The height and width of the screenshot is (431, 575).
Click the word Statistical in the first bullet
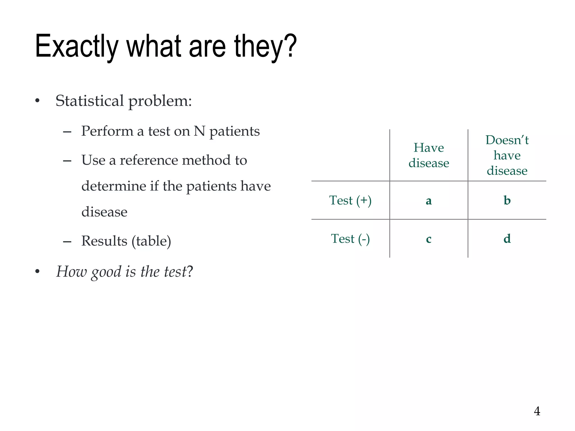point(90,101)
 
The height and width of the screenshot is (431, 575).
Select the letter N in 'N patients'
point(199,131)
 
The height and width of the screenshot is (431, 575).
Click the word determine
point(114,186)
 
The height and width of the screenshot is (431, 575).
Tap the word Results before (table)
point(104,241)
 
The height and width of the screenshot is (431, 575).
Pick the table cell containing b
point(507,200)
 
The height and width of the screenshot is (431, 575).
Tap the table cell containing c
point(428,239)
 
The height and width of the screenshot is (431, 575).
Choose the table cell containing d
point(507,239)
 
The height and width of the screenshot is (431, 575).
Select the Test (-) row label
point(350,239)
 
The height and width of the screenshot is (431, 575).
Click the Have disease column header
point(428,155)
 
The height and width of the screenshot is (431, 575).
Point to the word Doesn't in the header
point(507,140)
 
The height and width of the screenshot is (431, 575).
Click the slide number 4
point(537,411)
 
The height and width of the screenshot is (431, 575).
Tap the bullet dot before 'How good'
point(37,271)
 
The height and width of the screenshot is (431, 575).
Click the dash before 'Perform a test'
point(67,132)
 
